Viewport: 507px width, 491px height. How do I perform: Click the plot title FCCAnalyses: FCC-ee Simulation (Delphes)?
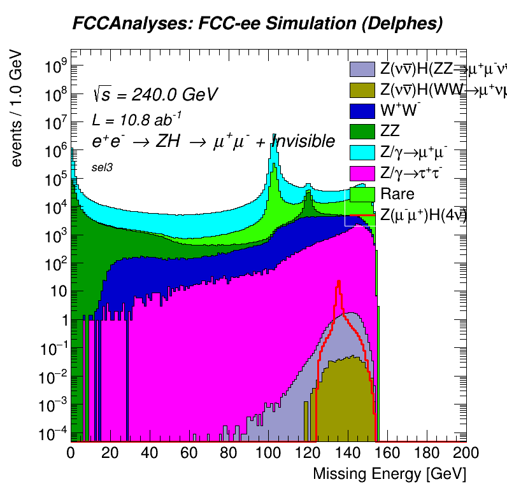(257, 24)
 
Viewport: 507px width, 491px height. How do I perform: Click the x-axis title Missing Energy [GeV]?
(389, 474)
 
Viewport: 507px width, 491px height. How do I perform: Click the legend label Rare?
(397, 194)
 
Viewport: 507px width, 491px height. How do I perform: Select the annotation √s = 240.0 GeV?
(155, 95)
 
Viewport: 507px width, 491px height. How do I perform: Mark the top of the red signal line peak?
(339, 280)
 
